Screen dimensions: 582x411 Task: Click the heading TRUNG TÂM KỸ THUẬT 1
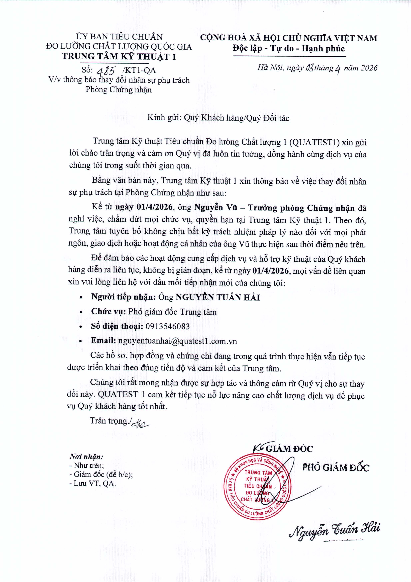(119, 56)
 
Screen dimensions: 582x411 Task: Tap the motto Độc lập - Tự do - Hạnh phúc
(289, 48)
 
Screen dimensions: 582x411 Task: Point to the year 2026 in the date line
(369, 68)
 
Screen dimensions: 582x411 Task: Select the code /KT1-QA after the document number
(139, 70)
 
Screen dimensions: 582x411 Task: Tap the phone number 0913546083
(167, 326)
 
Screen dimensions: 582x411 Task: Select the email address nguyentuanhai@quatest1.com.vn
(177, 341)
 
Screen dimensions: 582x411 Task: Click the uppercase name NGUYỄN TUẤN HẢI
(218, 297)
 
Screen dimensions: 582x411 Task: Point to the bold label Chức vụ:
(108, 311)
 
